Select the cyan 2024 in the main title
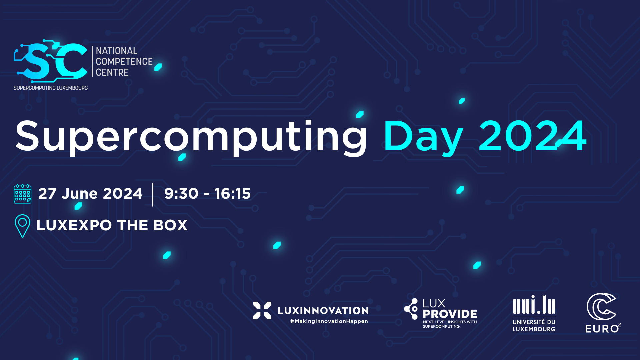pyautogui.click(x=533, y=136)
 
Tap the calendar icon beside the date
pyautogui.click(x=23, y=194)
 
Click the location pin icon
pyautogui.click(x=22, y=226)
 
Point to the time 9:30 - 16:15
pyautogui.click(x=207, y=194)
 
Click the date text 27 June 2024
pyautogui.click(x=90, y=194)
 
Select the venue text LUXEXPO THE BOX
pyautogui.click(x=112, y=225)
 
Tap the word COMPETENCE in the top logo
pyautogui.click(x=124, y=62)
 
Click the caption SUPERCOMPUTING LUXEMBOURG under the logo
pyautogui.click(x=51, y=88)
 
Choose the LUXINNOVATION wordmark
pyautogui.click(x=323, y=311)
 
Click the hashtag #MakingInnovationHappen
pyautogui.click(x=329, y=321)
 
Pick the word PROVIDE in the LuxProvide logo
pyautogui.click(x=450, y=314)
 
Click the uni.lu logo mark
pyautogui.click(x=534, y=305)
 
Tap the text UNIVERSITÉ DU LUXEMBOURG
pyautogui.click(x=534, y=326)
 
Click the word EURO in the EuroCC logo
pyautogui.click(x=602, y=329)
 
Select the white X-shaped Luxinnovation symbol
pyautogui.click(x=262, y=310)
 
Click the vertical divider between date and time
pyautogui.click(x=153, y=195)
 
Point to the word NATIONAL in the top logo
pyautogui.click(x=117, y=51)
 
